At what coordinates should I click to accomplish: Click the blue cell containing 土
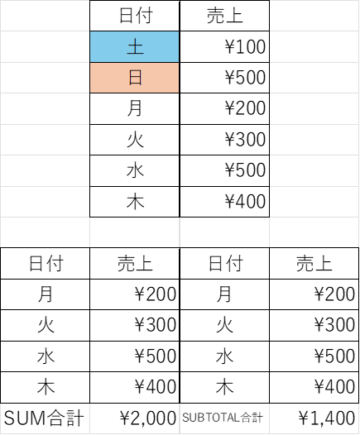coord(135,46)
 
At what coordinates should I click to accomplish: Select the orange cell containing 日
coord(135,78)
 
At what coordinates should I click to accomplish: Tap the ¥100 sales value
coord(245,46)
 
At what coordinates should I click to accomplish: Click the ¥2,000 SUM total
coord(148,418)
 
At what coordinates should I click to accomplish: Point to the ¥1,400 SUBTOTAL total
coord(327,418)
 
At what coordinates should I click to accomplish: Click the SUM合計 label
coord(44,418)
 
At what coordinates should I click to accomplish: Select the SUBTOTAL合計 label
coord(223,418)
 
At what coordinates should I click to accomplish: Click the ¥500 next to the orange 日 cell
coord(245,78)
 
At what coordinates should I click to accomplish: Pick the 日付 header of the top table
coord(136,16)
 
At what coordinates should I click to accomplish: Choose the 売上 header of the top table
coord(225,16)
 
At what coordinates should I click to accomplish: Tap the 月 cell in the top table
coord(135,108)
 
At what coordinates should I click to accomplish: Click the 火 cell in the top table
coord(135,139)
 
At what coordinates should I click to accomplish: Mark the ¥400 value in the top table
coord(245,201)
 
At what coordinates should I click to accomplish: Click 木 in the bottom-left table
coord(46,387)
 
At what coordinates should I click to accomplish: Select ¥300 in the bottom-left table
coord(156,325)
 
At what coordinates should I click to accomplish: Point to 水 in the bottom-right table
coord(224,356)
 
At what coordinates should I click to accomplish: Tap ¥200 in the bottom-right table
coord(334,294)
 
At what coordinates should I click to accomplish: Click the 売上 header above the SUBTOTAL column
coord(314,263)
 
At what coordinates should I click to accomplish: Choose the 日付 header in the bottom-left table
coord(46,263)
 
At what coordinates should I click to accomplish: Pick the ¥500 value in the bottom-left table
coord(156,356)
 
